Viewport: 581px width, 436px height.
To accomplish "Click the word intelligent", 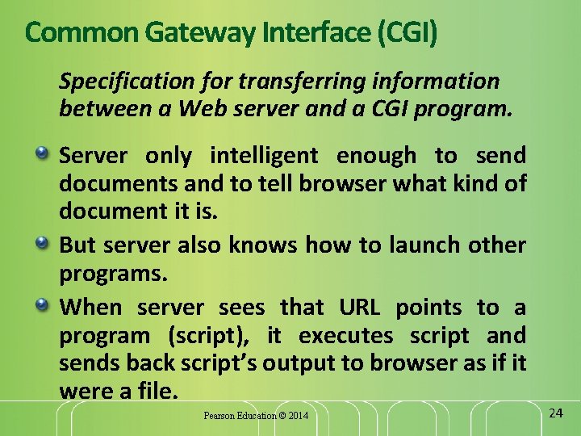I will (x=264, y=155).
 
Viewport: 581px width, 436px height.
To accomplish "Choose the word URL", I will (x=359, y=307).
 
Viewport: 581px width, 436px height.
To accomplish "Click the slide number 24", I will (x=555, y=413).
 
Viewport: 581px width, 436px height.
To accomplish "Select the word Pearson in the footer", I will (x=219, y=416).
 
